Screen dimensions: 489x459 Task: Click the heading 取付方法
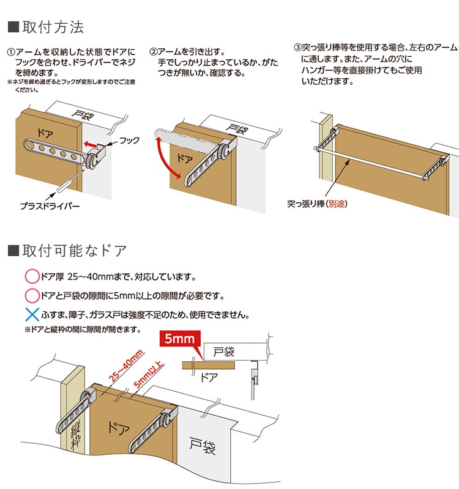tap(53, 28)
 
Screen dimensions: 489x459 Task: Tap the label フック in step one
tap(129, 140)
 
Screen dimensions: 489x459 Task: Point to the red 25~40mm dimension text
tap(127, 366)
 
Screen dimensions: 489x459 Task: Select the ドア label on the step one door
tap(46, 131)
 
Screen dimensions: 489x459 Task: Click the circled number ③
tap(298, 46)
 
